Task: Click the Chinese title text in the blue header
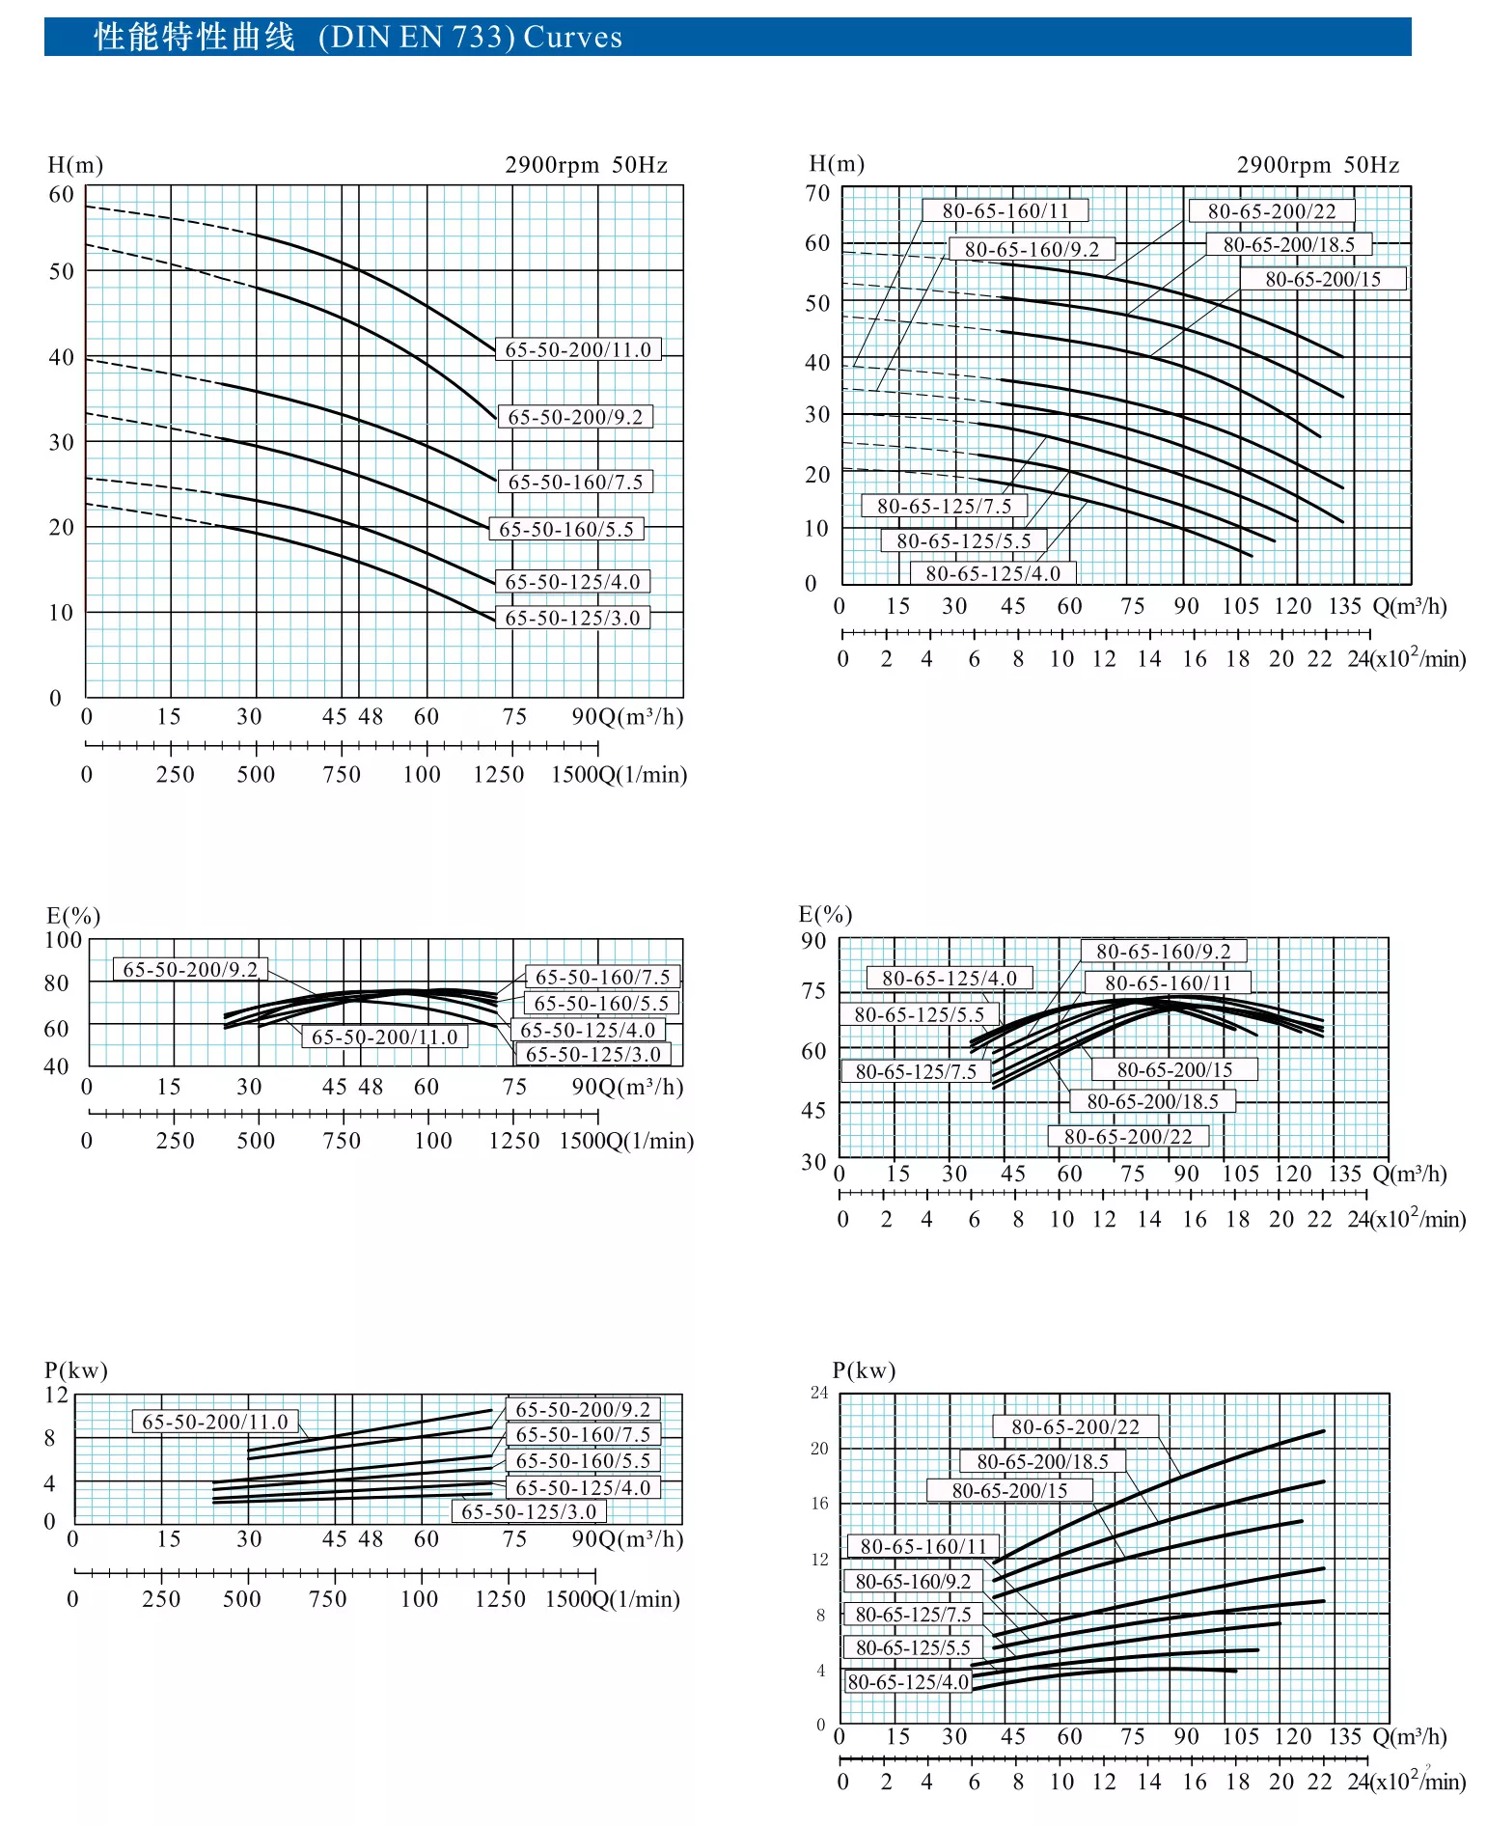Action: tap(194, 37)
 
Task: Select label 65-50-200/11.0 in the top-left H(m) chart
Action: tap(578, 349)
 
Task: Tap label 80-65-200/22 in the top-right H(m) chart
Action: tap(1271, 211)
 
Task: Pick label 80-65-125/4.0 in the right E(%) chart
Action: tap(949, 978)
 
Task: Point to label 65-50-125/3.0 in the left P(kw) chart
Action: tap(528, 1511)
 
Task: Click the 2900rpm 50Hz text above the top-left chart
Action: tap(586, 165)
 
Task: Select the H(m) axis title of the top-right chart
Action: tap(837, 163)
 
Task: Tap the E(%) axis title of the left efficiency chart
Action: tap(73, 915)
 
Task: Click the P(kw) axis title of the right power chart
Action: tap(864, 1369)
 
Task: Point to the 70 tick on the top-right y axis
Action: tap(817, 193)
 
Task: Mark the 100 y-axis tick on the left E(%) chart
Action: tap(64, 939)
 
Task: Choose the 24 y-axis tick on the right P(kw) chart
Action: tap(819, 1392)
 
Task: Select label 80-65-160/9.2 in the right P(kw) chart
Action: tap(913, 1581)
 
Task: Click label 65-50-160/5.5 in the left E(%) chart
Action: tap(600, 1004)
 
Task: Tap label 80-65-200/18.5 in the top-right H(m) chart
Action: tap(1288, 245)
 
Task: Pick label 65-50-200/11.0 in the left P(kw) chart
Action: tap(214, 1422)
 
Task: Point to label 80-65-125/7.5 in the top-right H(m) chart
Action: tap(944, 506)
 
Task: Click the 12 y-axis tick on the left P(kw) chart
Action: tap(57, 1395)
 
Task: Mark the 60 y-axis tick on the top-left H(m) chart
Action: tap(61, 194)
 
